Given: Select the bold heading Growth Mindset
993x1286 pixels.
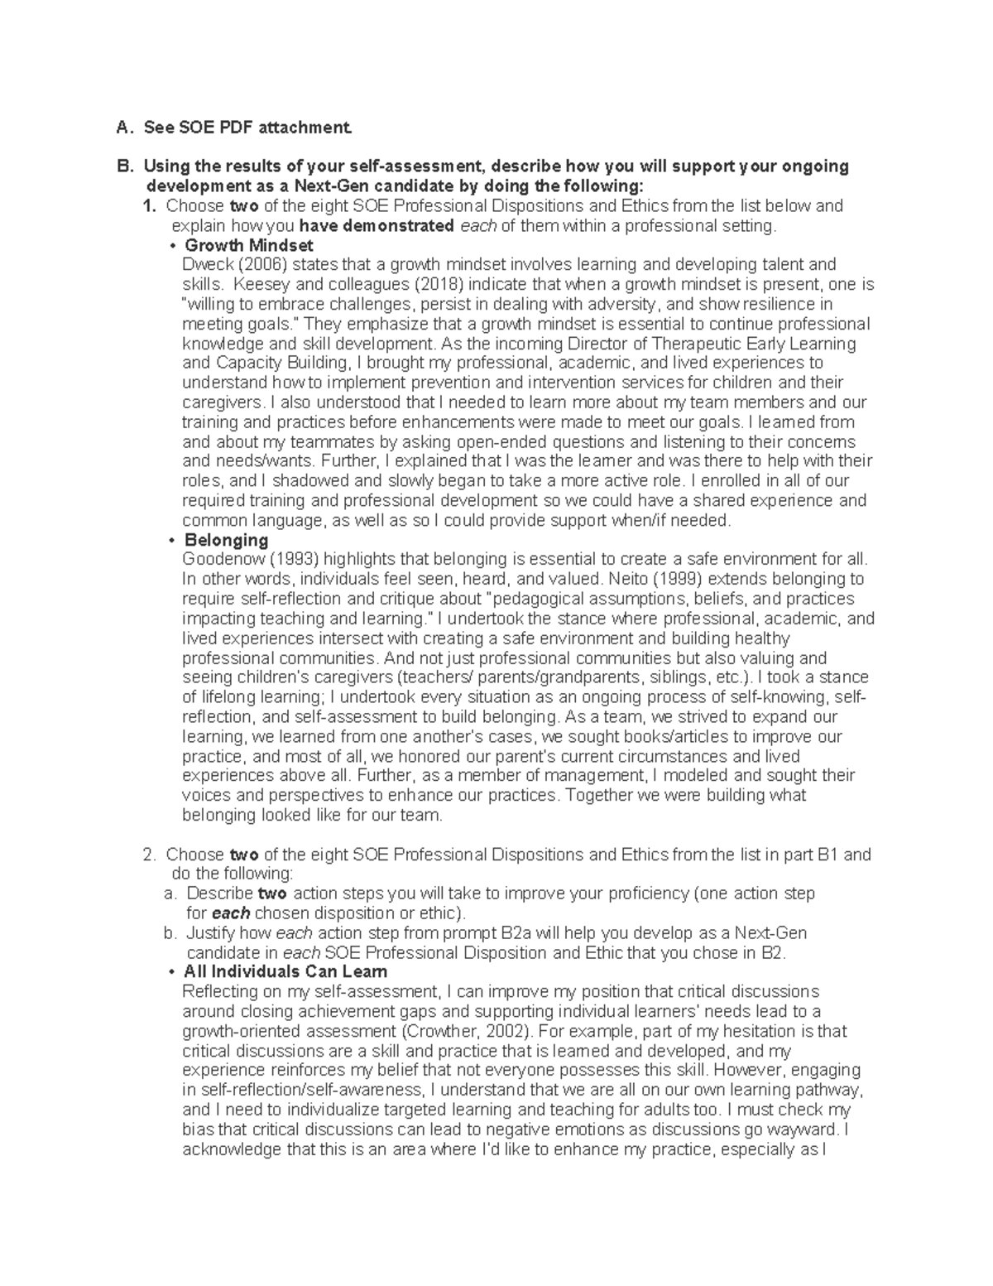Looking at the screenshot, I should pyautogui.click(x=248, y=245).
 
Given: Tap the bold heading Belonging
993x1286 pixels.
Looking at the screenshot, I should pyautogui.click(x=226, y=540).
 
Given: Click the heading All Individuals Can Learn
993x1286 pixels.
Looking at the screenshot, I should pyautogui.click(x=285, y=971).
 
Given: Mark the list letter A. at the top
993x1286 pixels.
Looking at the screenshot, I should pyautogui.click(x=124, y=128).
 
